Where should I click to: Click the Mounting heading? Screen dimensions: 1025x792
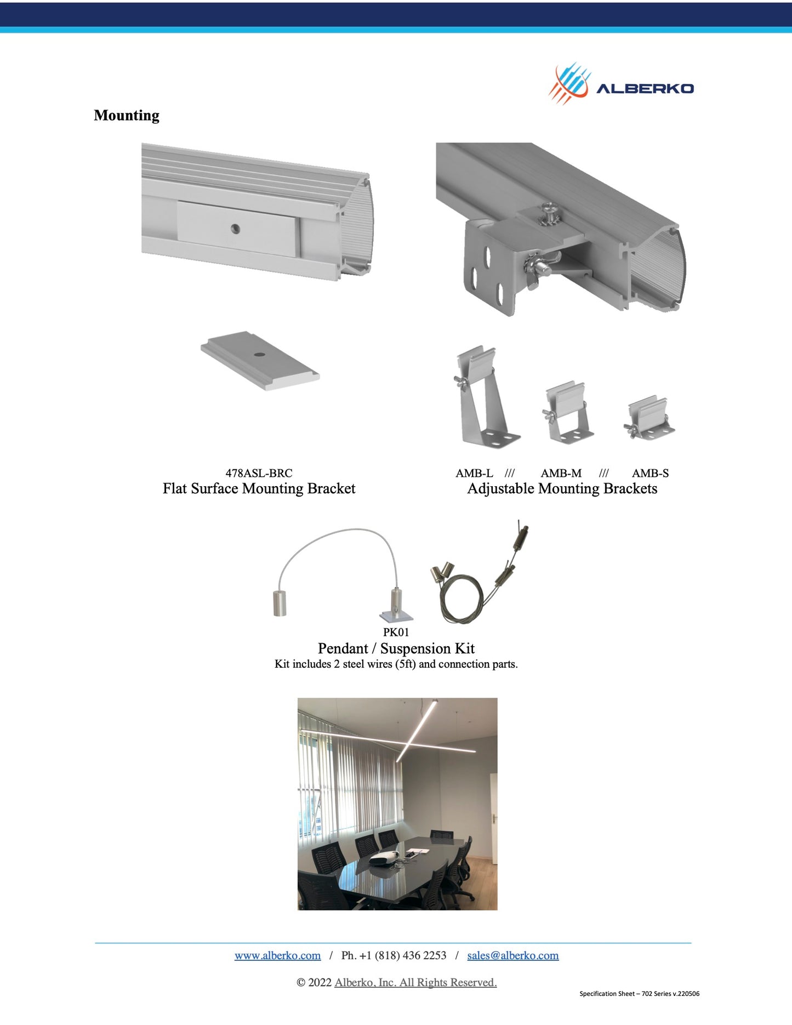tap(127, 115)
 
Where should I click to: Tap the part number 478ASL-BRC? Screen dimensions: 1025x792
tap(259, 473)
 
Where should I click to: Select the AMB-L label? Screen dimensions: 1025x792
tap(474, 473)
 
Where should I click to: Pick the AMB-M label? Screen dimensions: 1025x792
tap(561, 473)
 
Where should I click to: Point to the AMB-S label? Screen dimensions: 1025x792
tap(650, 473)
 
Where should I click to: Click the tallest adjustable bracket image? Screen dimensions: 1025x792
tap(486, 397)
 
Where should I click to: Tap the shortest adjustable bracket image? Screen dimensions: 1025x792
tap(649, 419)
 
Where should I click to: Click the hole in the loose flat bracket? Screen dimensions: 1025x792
tap(259, 354)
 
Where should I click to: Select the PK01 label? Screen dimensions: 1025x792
tap(396, 632)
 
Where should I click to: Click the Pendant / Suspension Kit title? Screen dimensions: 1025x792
tap(396, 648)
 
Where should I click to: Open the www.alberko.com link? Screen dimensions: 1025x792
tap(277, 955)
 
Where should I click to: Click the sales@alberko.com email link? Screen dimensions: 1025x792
tap(512, 955)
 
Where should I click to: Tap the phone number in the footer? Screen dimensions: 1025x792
tap(394, 955)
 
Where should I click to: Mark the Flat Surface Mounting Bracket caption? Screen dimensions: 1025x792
tap(259, 488)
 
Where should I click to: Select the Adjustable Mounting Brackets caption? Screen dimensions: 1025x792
tap(562, 488)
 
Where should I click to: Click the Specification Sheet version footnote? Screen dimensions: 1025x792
tap(639, 993)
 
